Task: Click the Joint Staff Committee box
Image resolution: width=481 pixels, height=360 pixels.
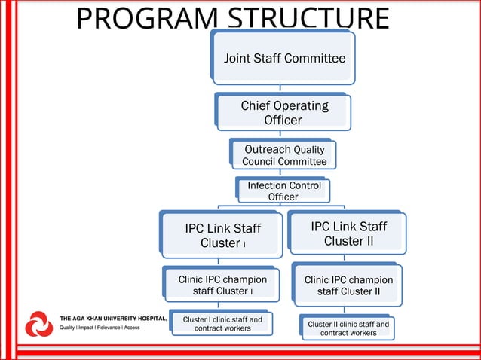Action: pos(284,58)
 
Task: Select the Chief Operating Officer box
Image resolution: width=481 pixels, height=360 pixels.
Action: pos(283,112)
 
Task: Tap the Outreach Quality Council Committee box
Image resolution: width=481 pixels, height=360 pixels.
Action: pos(284,155)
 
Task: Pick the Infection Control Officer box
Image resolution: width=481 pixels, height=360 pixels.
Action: pos(283,191)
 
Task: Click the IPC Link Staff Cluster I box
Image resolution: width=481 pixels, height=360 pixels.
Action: pos(222,235)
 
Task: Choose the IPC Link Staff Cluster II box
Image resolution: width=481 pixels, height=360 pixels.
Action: pos(348,233)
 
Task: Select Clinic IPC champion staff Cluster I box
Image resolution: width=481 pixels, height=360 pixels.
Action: pos(222,285)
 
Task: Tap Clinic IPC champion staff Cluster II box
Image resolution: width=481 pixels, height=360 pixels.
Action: pos(348,285)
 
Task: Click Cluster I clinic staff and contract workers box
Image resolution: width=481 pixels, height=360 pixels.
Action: pos(222,324)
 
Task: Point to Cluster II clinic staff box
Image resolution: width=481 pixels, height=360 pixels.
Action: pos(348,328)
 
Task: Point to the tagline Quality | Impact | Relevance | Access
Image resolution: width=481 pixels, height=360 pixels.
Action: pos(100,328)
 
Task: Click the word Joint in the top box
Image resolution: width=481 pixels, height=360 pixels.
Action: pos(239,58)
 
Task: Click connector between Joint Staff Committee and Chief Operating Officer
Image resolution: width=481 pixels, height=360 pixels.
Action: pos(280,88)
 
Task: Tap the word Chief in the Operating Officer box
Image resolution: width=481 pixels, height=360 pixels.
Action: pos(256,106)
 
